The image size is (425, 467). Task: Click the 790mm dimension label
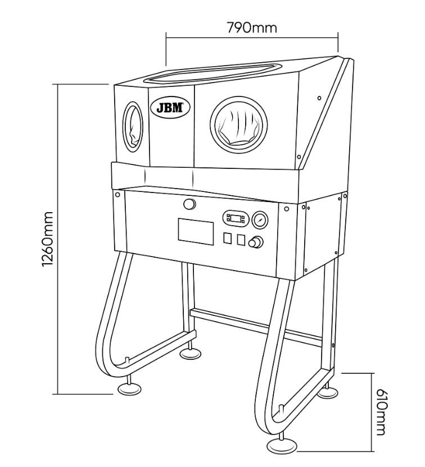(x=252, y=27)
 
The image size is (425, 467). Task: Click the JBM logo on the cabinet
(x=170, y=107)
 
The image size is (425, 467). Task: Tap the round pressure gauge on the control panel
(x=260, y=219)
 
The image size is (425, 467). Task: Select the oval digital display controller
(x=236, y=218)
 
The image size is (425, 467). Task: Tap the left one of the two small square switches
(x=228, y=239)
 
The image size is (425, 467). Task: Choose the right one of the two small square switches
(x=241, y=240)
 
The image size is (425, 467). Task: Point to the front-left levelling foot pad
(x=129, y=388)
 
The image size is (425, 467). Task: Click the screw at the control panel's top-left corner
(x=117, y=195)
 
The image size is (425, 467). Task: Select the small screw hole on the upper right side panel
(x=319, y=99)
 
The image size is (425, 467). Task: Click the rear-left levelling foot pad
(x=189, y=354)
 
